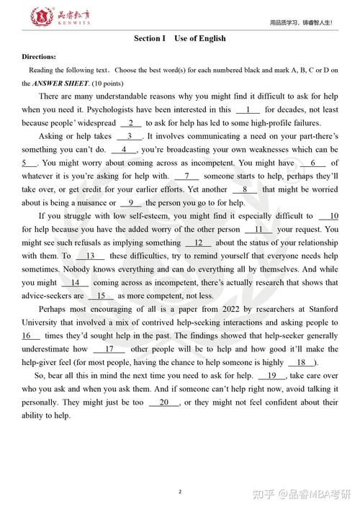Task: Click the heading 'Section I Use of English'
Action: pyautogui.click(x=179, y=38)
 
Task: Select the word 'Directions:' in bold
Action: pyautogui.click(x=39, y=56)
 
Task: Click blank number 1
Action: pyautogui.click(x=248, y=109)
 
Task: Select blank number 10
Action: pyautogui.click(x=328, y=216)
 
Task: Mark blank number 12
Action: pyautogui.click(x=198, y=243)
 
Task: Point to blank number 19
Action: pyautogui.click(x=271, y=376)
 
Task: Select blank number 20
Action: pyautogui.click(x=164, y=402)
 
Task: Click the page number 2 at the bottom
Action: pyautogui.click(x=180, y=471)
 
